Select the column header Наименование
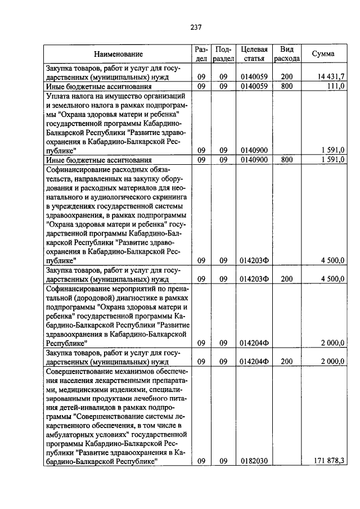click(x=118, y=54)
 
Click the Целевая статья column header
click(x=253, y=53)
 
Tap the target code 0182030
click(x=253, y=461)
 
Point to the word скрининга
click(x=174, y=197)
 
